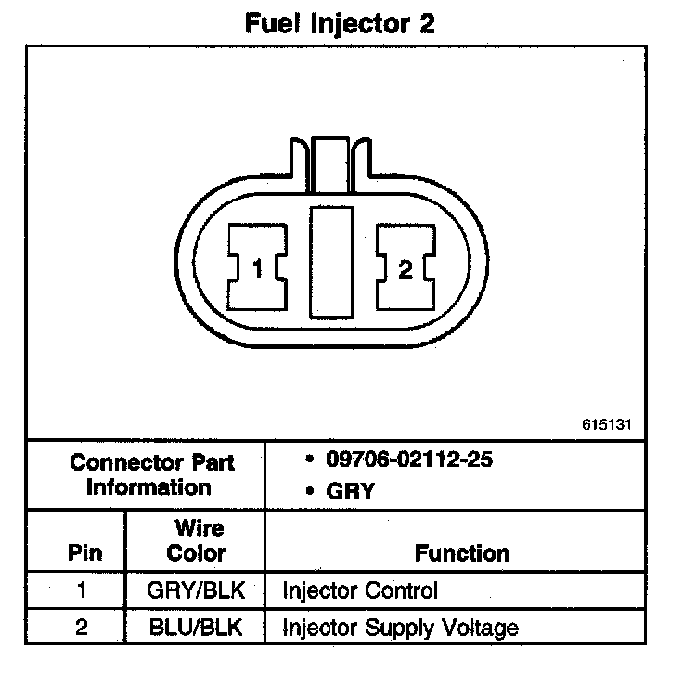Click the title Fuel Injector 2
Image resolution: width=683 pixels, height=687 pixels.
(340, 23)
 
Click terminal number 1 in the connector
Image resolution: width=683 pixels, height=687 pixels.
(257, 269)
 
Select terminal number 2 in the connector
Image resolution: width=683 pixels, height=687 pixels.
(405, 269)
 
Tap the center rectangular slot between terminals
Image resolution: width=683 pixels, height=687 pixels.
(331, 260)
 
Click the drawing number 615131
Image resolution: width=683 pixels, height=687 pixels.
(607, 425)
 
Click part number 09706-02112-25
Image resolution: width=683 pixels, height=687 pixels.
(405, 460)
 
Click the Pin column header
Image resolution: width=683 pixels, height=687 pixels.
(84, 554)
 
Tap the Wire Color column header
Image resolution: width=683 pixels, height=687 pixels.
(195, 541)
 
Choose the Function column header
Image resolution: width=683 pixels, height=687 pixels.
(462, 554)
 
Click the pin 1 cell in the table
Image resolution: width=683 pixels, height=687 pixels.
(84, 590)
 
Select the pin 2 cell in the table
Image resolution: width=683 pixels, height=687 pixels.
(84, 628)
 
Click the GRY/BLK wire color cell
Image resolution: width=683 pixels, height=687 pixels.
(195, 590)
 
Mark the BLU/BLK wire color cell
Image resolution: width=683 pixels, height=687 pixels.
(195, 628)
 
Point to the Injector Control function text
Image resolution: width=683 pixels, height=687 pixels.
(359, 590)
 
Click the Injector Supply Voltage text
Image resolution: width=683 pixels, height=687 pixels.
(399, 628)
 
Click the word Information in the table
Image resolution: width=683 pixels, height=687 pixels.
(148, 487)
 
